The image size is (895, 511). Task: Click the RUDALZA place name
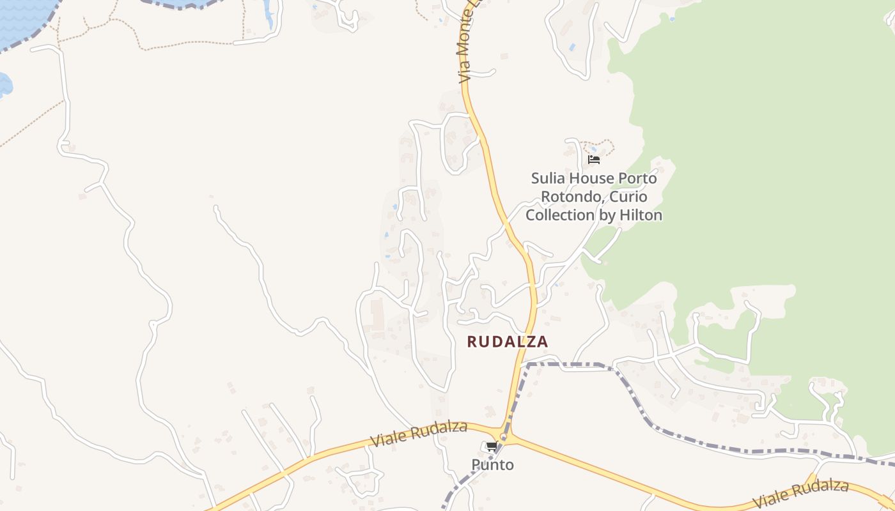point(508,342)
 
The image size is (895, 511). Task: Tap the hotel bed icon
point(594,159)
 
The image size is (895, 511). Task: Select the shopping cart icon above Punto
point(491,446)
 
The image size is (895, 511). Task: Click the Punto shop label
point(492,464)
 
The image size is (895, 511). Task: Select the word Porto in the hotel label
point(635,178)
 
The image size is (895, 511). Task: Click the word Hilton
point(641,215)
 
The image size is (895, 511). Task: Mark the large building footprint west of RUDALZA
point(375,311)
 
